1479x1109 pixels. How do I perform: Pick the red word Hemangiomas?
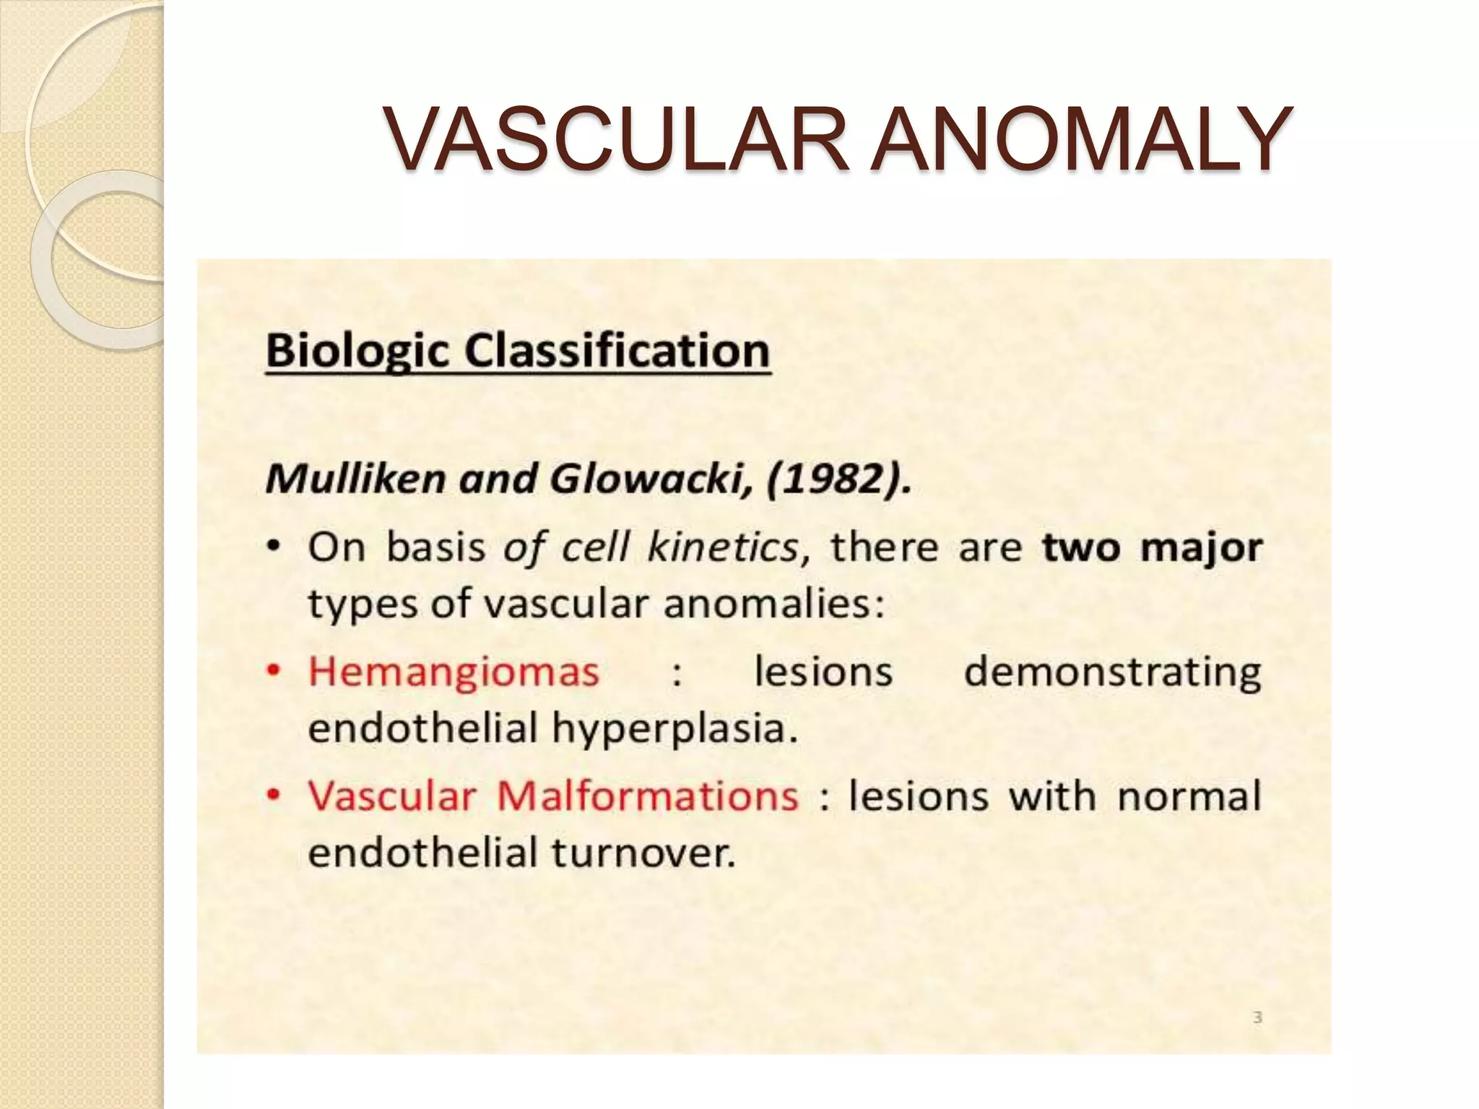tap(454, 671)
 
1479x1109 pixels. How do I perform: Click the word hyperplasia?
tap(675, 728)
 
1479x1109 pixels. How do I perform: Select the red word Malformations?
tap(647, 796)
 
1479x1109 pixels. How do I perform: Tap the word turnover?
tap(643, 853)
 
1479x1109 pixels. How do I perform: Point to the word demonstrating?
tap(1112, 671)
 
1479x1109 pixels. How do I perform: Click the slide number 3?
tap(1257, 1017)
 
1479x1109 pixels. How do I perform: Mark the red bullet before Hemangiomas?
tap(274, 671)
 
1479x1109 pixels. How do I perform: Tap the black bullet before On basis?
tap(274, 548)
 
